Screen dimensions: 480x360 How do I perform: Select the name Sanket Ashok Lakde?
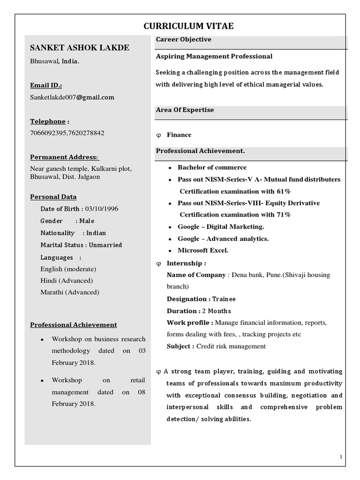(80, 48)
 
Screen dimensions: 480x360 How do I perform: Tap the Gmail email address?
(72, 97)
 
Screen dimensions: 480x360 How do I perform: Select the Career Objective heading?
(183, 40)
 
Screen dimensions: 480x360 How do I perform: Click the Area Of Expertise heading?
(185, 110)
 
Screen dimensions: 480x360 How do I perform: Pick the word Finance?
(179, 135)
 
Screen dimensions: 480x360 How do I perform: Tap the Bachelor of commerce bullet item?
(212, 167)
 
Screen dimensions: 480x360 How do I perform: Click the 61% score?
(283, 191)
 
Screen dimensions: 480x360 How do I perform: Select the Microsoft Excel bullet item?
(203, 250)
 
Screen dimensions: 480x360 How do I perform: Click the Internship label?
(186, 263)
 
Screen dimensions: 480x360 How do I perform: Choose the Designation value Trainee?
(224, 299)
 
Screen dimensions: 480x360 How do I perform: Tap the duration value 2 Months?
(217, 311)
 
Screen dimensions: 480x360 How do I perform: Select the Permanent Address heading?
(65, 157)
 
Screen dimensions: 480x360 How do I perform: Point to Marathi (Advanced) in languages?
(70, 292)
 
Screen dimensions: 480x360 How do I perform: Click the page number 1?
(341, 457)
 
